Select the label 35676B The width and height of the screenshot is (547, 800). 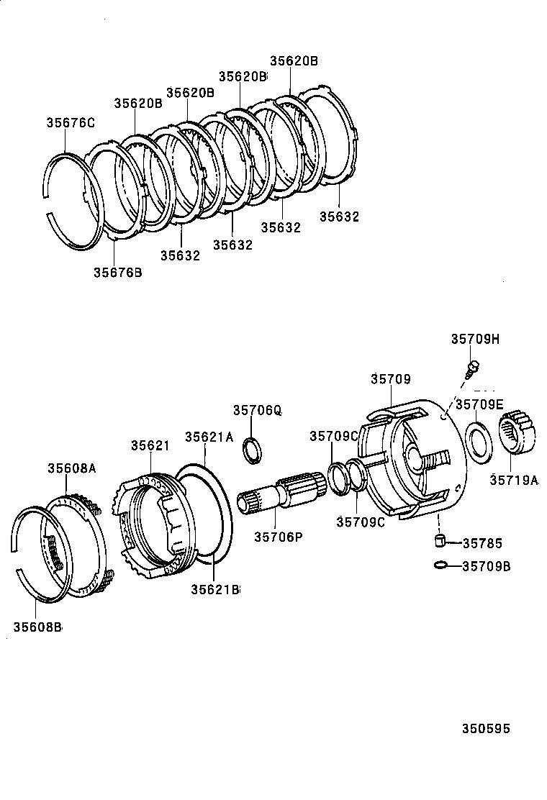pos(117,272)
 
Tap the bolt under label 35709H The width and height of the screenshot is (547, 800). pos(472,368)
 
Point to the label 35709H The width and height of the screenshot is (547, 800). pos(475,339)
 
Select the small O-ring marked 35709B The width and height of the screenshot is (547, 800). pos(440,565)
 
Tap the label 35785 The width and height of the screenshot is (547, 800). pos(482,543)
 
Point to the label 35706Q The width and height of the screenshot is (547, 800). pos(257,410)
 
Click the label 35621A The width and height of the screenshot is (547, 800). pos(209,437)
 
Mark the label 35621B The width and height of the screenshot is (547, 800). pos(214,589)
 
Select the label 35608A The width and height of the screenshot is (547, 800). pos(72,468)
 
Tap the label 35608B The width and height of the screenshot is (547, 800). pos(37,627)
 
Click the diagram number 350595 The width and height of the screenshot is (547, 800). pos(486,729)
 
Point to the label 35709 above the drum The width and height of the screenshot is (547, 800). pos(391,378)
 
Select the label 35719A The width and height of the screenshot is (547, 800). pos(514,481)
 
